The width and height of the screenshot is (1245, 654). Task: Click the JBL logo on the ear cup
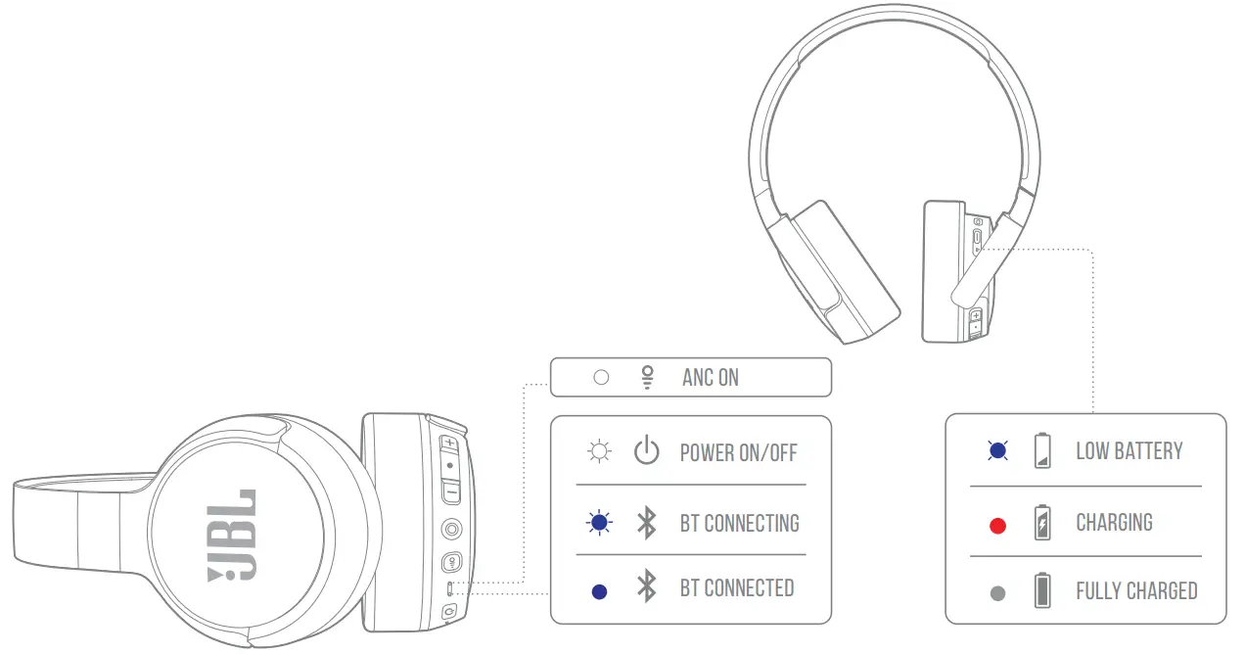[x=235, y=535]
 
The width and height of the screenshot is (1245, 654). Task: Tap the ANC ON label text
[x=711, y=378]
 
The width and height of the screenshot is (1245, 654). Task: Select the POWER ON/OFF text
[x=739, y=452]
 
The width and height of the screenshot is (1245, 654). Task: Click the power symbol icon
[x=646, y=451]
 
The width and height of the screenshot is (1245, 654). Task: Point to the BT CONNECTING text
[x=740, y=524]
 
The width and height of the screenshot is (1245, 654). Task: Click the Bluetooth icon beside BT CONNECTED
[x=646, y=588]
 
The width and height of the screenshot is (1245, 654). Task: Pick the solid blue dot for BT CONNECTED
[x=600, y=591]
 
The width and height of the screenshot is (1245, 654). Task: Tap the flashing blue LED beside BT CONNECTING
[x=600, y=524]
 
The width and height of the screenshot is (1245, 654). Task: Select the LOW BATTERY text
[x=1130, y=451]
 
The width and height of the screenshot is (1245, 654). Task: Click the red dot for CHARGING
[x=997, y=526]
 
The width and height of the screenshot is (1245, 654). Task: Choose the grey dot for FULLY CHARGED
[x=997, y=593]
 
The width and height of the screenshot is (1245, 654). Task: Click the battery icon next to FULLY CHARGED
[x=1043, y=591]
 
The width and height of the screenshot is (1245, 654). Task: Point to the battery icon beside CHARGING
[x=1043, y=524]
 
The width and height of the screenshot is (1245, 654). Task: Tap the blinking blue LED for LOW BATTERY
[x=997, y=451]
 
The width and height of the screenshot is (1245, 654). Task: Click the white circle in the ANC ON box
[x=601, y=377]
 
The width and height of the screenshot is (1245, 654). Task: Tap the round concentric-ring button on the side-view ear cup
[x=451, y=530]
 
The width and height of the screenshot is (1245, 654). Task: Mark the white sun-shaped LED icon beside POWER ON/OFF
[x=599, y=452]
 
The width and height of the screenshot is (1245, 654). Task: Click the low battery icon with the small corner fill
[x=1043, y=451]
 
